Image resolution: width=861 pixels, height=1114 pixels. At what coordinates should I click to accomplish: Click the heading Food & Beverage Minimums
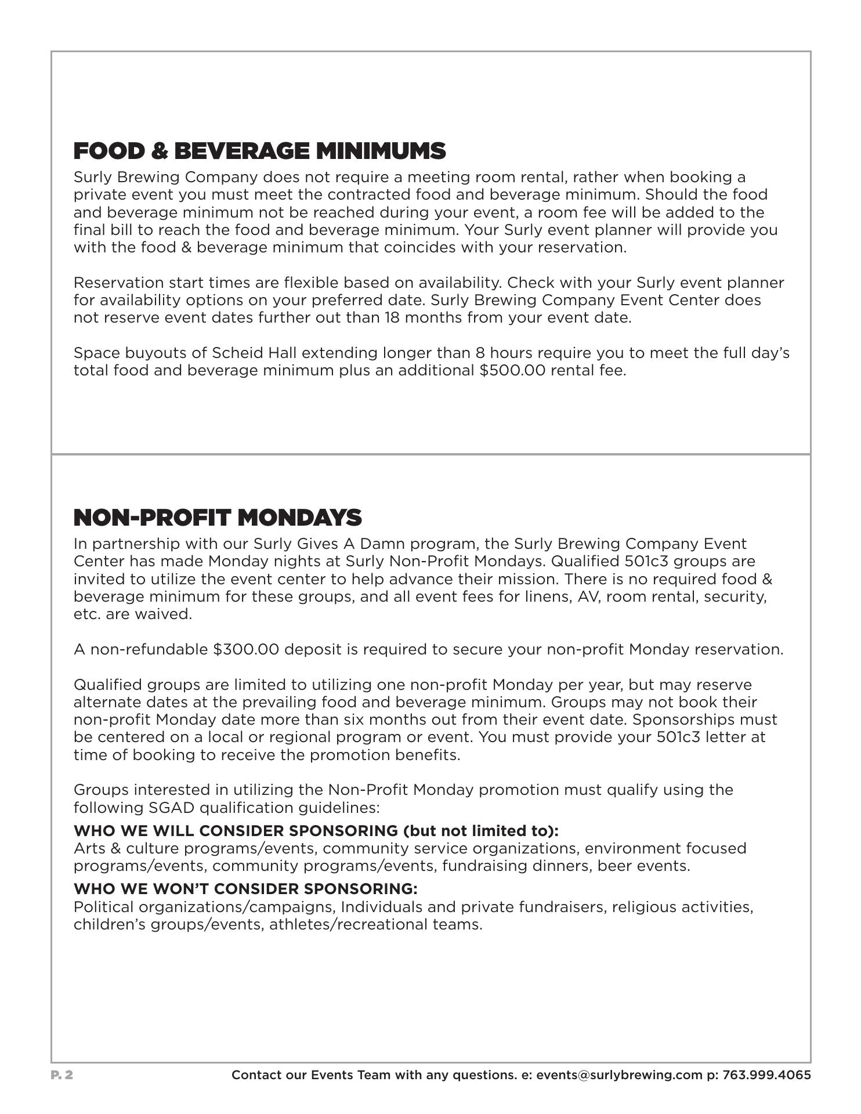point(259,151)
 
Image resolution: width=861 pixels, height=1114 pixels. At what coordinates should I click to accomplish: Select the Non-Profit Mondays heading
point(218,518)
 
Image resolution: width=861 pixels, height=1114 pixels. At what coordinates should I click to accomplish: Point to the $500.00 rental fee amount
point(512,370)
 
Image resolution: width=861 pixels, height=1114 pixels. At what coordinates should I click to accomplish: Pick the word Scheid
point(233,353)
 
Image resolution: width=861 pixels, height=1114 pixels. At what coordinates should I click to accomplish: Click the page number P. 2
point(62,1075)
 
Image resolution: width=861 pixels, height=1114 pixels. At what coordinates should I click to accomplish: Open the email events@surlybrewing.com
point(618,1075)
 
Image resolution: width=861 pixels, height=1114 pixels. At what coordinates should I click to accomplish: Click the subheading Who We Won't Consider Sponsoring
point(245,889)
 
